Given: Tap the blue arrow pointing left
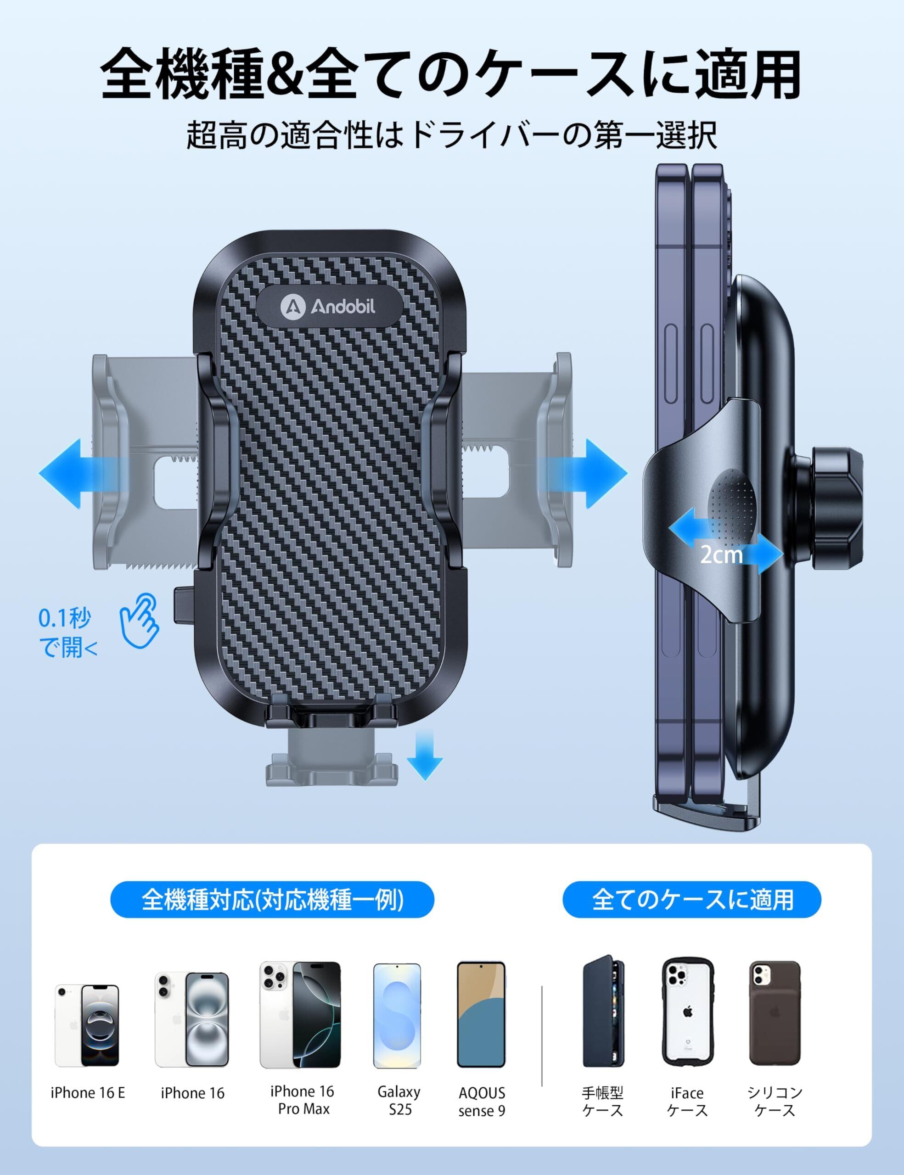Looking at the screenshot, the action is (x=81, y=474).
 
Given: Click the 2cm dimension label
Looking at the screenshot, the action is (x=721, y=554).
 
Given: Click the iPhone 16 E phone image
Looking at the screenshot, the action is (x=87, y=1025).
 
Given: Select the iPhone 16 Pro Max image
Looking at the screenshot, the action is (x=300, y=1015).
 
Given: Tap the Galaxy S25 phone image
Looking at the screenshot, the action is (x=397, y=1016).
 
